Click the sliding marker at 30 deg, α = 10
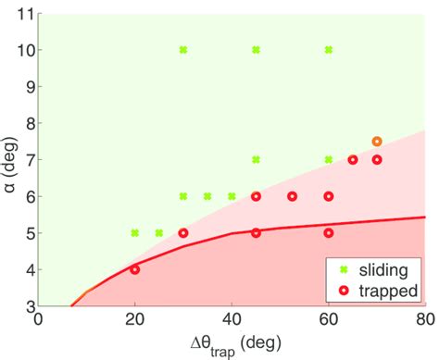tap(183, 50)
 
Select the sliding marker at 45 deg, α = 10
tap(256, 50)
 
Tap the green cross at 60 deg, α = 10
tap(328, 50)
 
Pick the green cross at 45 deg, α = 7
tap(256, 159)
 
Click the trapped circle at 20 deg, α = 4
tap(135, 269)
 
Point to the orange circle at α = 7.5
tap(377, 142)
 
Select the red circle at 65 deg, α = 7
tap(353, 159)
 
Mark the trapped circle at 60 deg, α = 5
tap(329, 232)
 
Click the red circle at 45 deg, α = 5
tap(256, 232)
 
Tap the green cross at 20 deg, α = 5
tap(135, 232)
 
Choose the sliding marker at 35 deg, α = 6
tap(207, 196)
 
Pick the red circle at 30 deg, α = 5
tap(183, 232)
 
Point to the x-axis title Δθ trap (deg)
tap(232, 342)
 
